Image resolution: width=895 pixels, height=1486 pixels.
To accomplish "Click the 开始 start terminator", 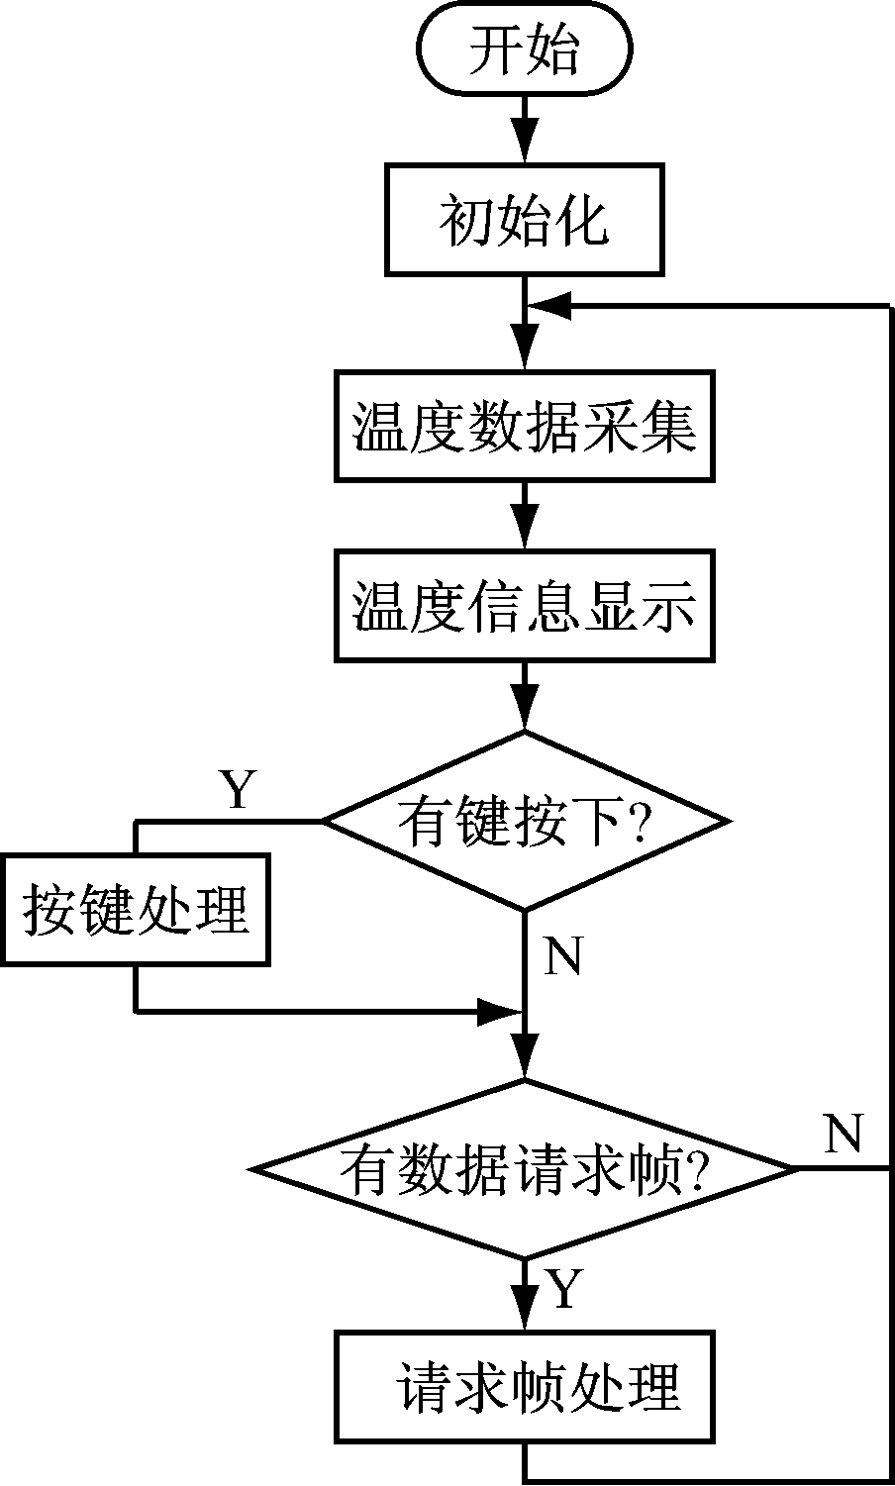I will pos(525,51).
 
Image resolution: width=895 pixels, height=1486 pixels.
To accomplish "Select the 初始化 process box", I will pos(525,220).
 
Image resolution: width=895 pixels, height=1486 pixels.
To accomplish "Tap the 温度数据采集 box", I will pos(525,426).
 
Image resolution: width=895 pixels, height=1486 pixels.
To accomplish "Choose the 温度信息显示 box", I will pos(525,606).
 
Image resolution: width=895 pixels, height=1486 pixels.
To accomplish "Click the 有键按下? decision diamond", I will pos(525,821).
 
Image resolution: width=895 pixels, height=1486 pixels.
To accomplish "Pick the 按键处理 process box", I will pos(136,909).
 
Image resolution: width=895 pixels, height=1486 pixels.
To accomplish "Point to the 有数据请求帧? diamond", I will pos(525,1169).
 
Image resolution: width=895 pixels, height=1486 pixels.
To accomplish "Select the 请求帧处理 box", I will pos(525,1386).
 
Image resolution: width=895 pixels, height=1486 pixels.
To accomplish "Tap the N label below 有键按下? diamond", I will pos(563,956).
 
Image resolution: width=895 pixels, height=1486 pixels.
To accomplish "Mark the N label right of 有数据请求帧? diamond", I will pos(843,1134).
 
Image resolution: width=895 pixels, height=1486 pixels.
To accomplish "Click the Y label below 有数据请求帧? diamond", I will pos(562,1290).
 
